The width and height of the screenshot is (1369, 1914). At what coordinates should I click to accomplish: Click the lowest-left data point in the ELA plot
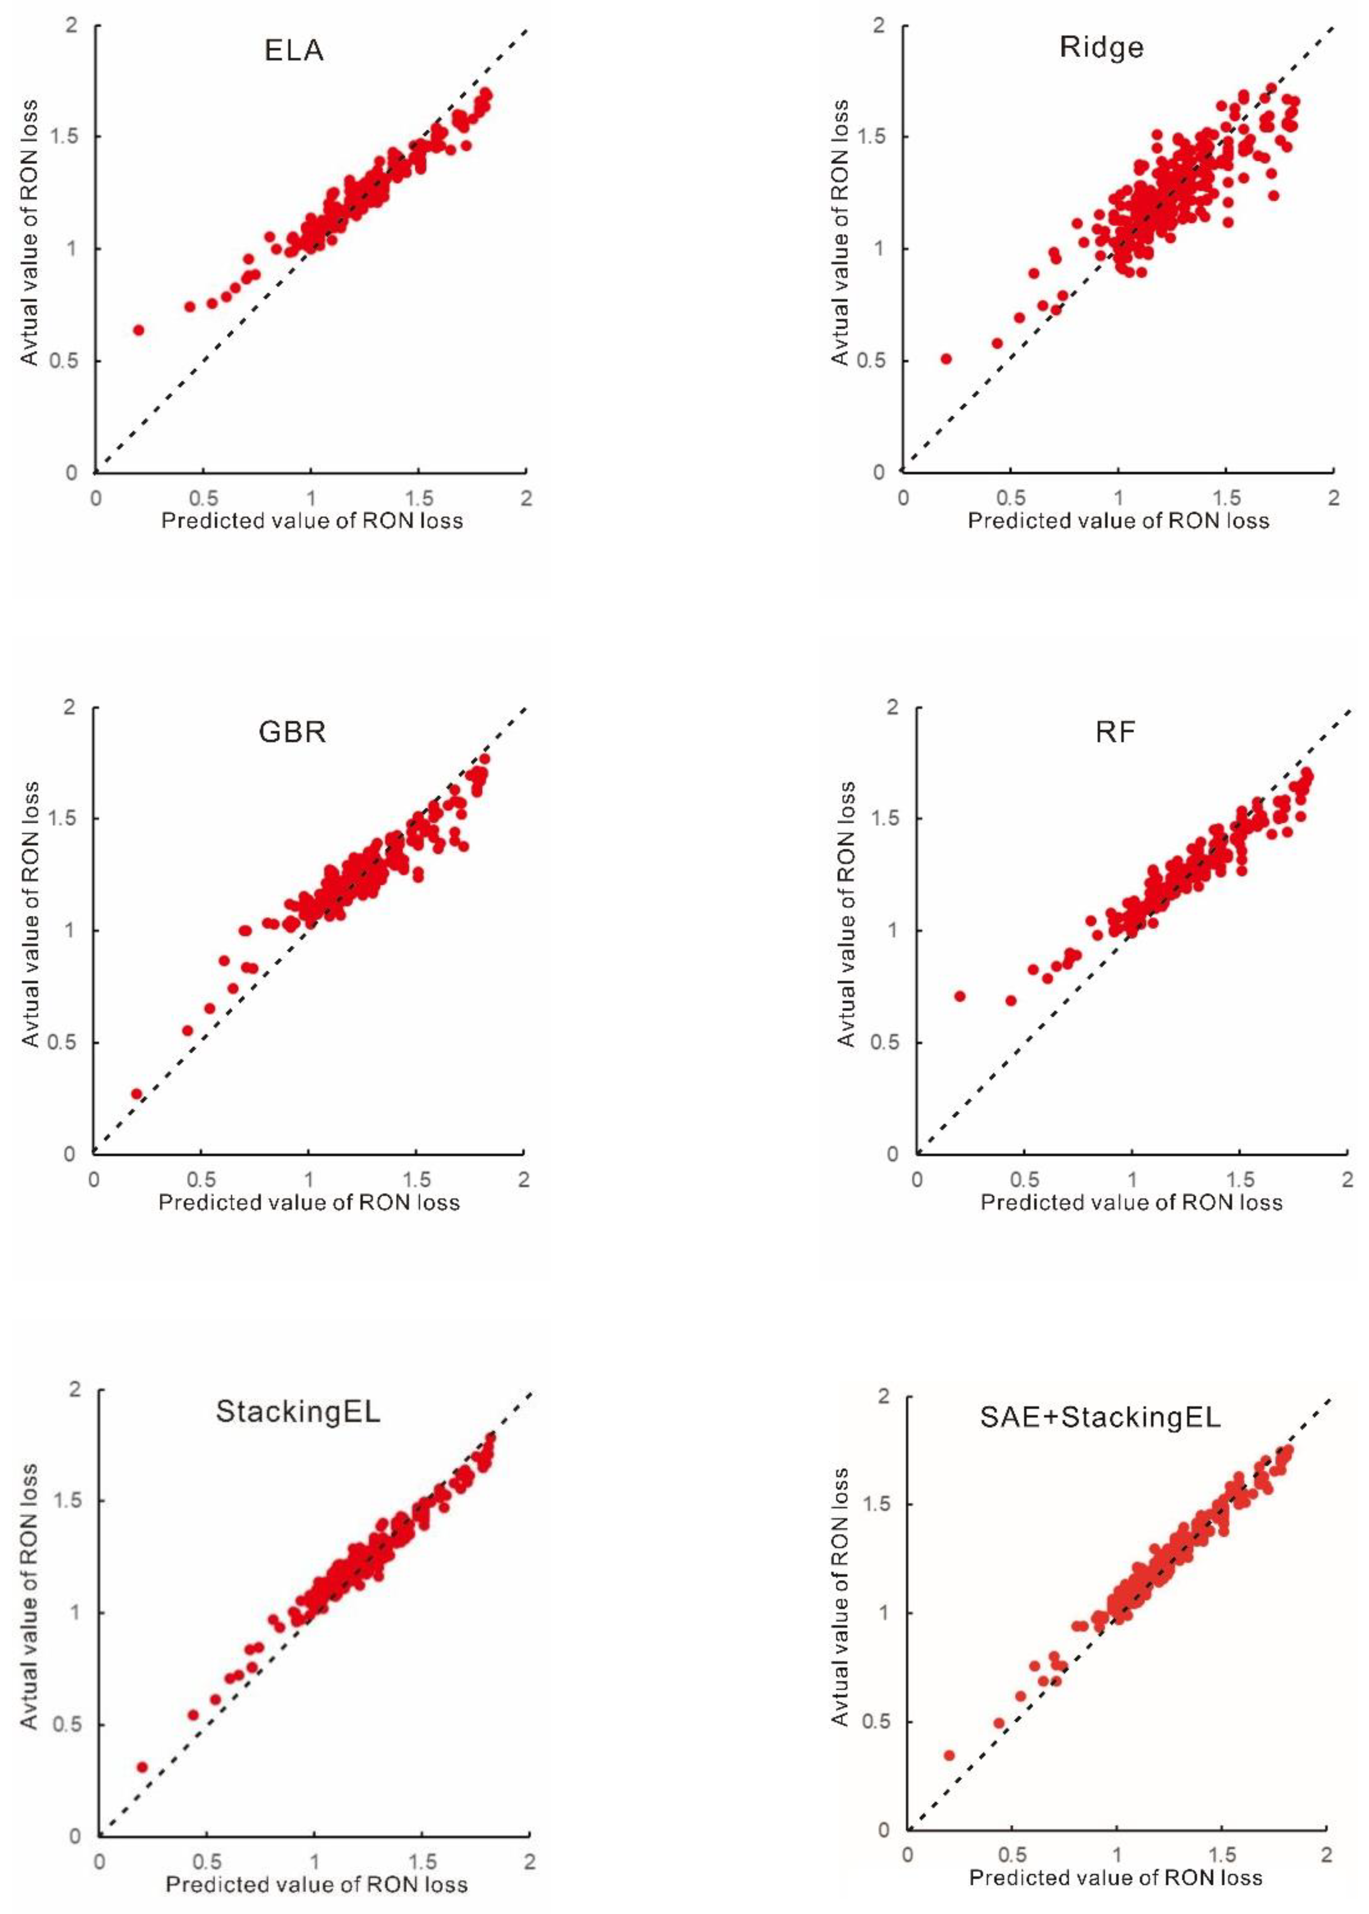(x=138, y=330)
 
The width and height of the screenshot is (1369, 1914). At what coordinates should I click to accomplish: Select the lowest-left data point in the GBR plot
(x=136, y=1094)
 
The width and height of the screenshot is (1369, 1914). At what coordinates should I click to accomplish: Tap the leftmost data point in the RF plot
(x=959, y=996)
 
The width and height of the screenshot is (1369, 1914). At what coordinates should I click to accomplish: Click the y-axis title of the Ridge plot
(x=840, y=232)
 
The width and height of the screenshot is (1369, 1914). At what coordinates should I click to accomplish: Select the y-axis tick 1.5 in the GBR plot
(x=62, y=819)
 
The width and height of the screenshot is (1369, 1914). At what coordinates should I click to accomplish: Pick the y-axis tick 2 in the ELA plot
(x=72, y=25)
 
